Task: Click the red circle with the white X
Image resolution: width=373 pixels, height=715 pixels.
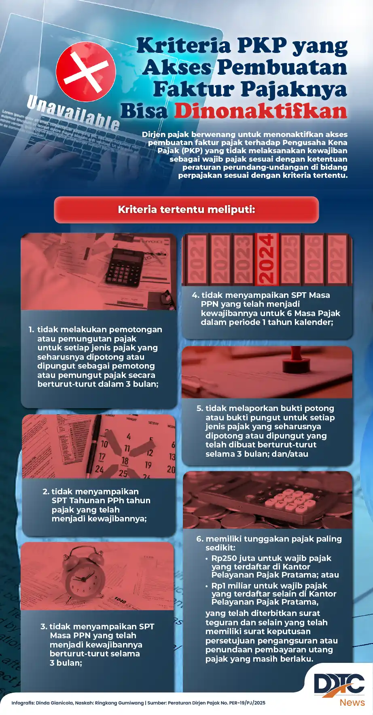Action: (86, 71)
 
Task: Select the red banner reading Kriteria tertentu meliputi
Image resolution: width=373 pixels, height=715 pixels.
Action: (186, 210)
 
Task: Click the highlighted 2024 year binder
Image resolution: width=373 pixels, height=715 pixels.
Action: (267, 259)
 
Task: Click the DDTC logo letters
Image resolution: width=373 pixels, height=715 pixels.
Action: (339, 685)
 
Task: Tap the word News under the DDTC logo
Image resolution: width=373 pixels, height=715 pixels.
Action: (352, 702)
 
